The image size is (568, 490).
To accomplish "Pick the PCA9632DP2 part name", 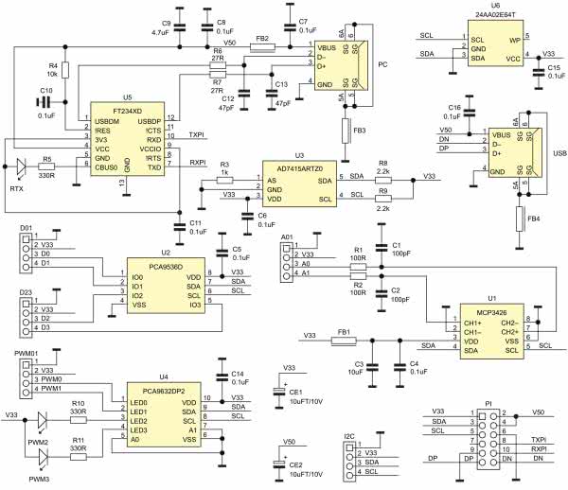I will (166, 388).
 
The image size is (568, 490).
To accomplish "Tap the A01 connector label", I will (287, 238).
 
